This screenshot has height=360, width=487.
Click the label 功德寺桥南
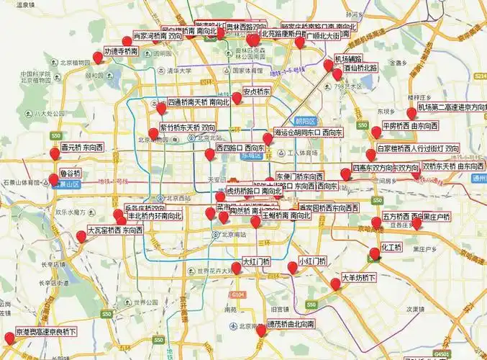121,52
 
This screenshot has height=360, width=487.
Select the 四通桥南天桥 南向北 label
199,102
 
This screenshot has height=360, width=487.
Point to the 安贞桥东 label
256,92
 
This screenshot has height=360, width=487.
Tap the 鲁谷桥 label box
70,174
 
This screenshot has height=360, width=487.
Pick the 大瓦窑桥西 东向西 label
114,231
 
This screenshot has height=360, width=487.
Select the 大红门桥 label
256,261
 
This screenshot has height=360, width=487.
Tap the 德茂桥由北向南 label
291,325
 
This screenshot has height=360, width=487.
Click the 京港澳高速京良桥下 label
46,332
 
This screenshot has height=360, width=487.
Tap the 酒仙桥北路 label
360,68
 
